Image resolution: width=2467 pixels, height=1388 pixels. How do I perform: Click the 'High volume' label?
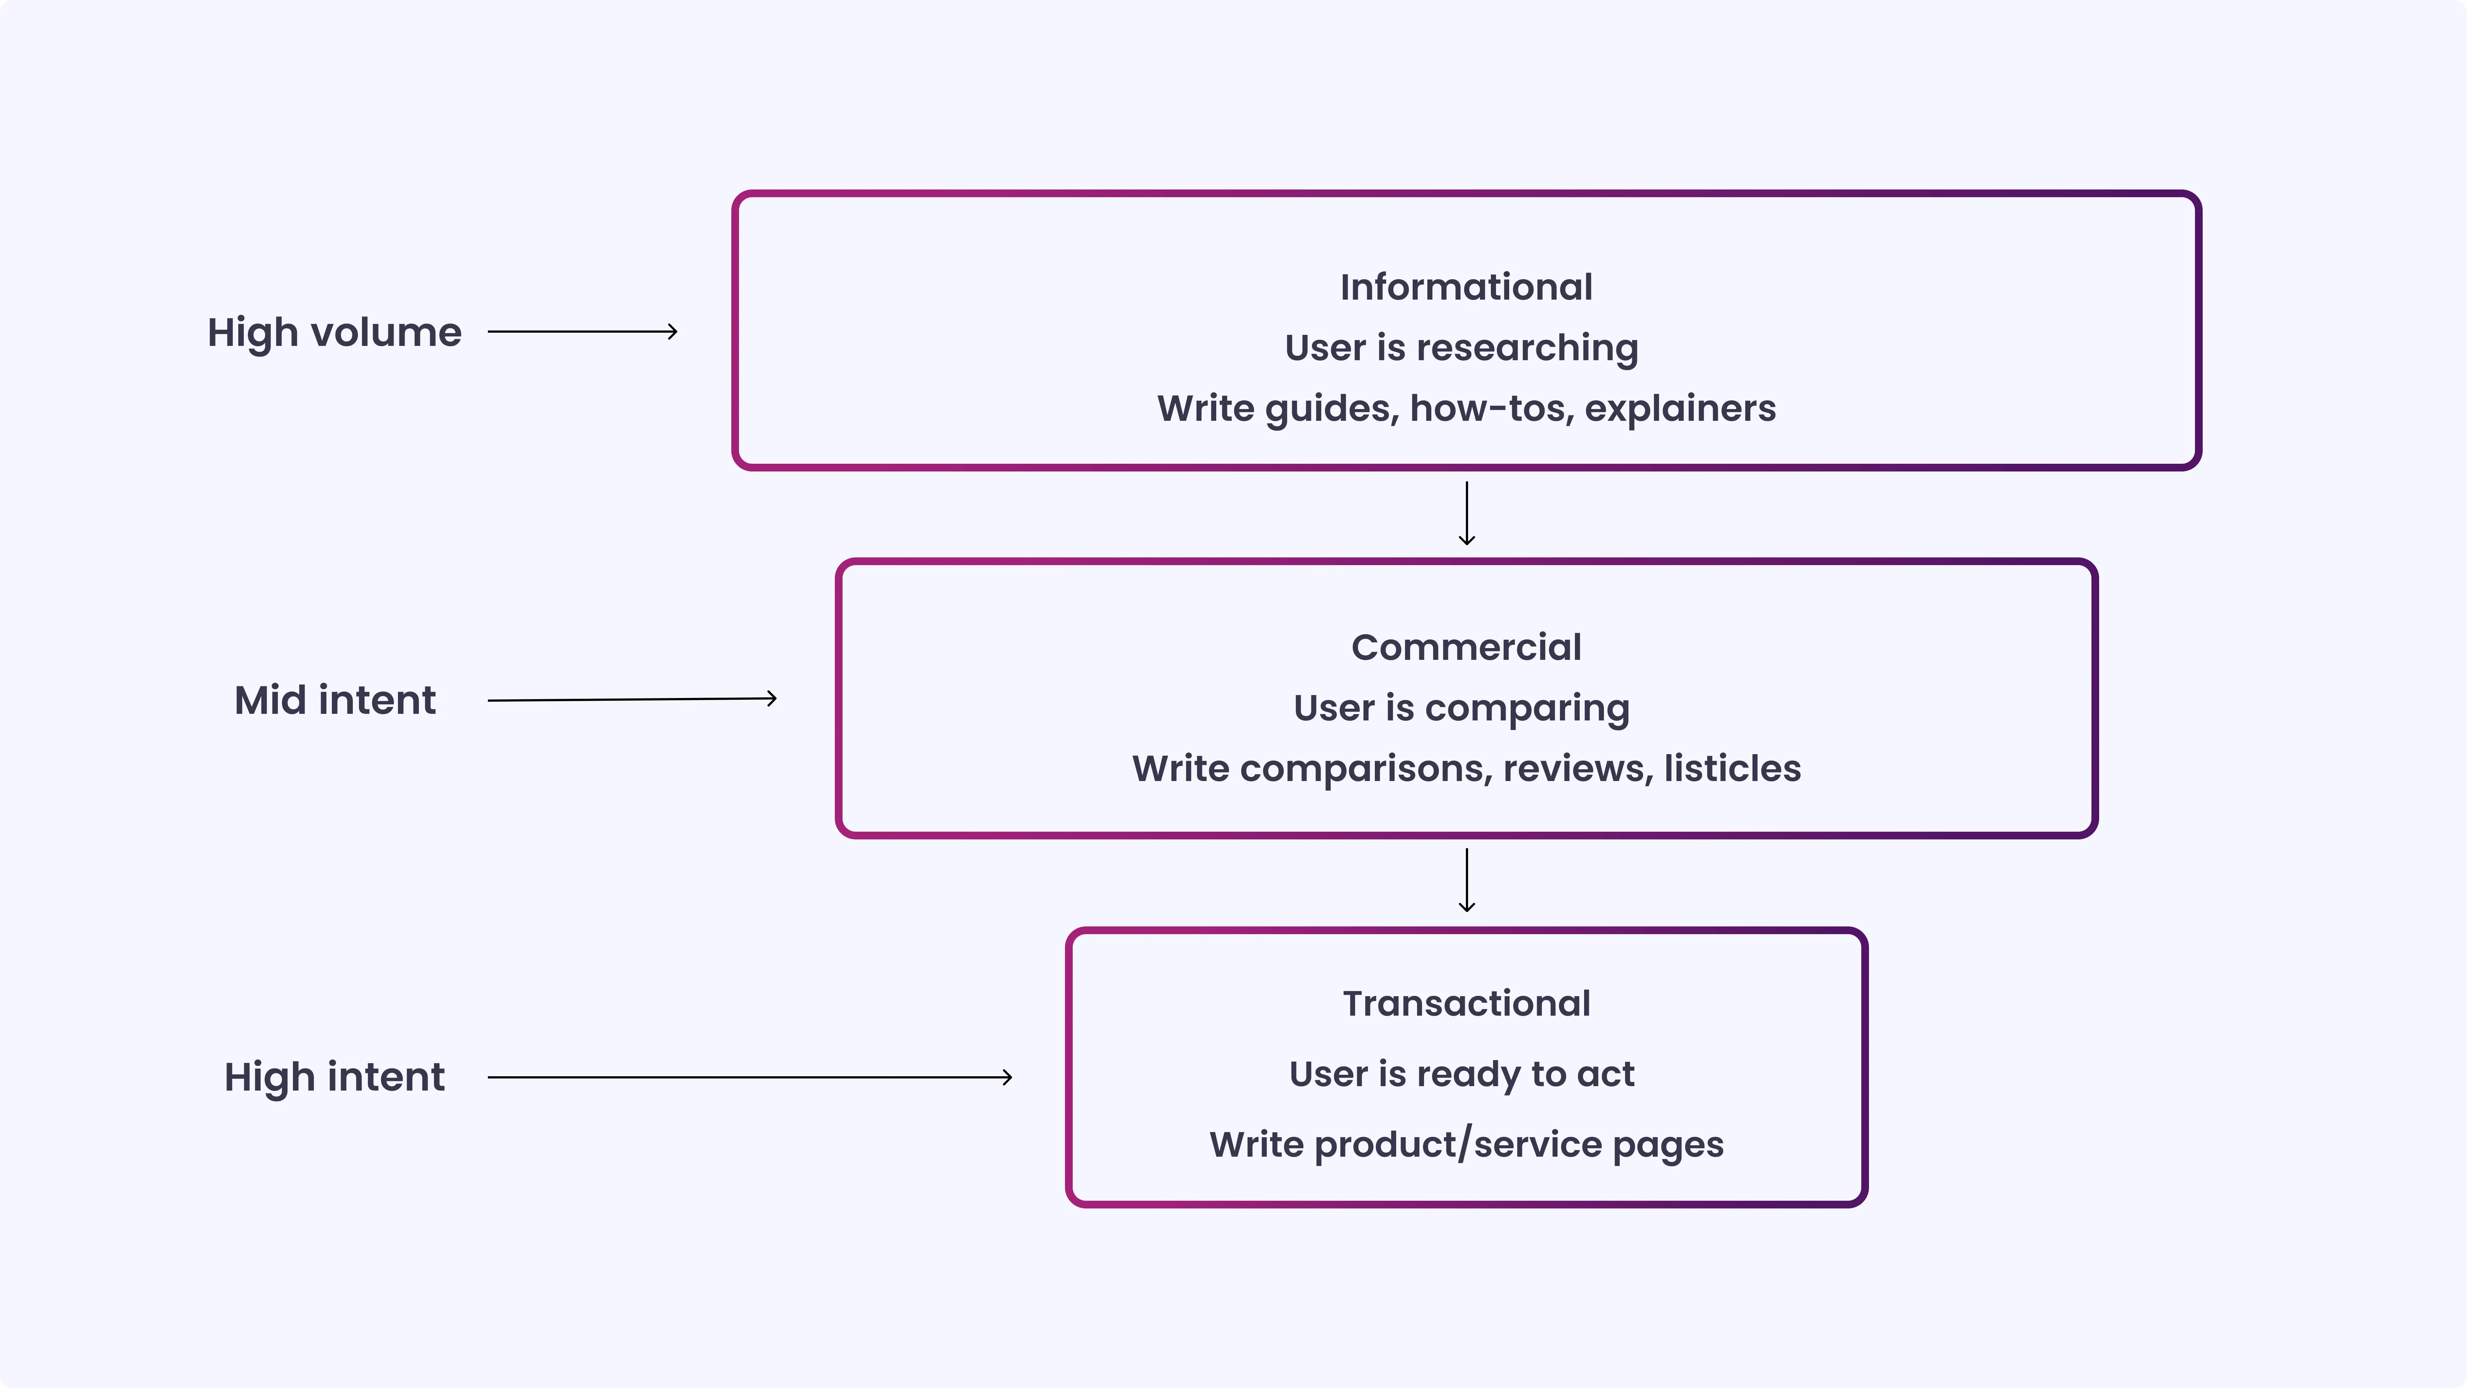pos(334,332)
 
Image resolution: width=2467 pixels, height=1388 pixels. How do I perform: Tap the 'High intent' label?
pos(334,1077)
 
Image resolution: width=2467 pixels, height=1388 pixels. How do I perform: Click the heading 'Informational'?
pos(1465,288)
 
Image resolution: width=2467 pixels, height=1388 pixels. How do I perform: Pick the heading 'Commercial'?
pos(1465,647)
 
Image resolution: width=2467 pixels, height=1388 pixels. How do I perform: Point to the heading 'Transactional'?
pos(1465,1004)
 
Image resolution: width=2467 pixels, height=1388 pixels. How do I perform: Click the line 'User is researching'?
pos(1461,348)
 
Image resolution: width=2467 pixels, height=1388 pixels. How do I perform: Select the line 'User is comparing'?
pos(1461,709)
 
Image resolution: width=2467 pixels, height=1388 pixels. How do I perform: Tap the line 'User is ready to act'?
pos(1461,1074)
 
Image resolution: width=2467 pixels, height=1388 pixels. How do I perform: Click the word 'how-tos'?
pos(1491,409)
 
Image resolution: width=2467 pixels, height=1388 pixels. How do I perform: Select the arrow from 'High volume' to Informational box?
pos(582,332)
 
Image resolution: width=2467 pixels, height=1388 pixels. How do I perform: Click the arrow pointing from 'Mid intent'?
pos(632,699)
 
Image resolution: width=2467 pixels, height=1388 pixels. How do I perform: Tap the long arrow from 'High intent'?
pos(750,1078)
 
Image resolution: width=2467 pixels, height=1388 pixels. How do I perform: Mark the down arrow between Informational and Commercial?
pos(1466,513)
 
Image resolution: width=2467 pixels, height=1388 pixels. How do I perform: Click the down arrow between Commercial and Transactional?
pos(1466,879)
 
